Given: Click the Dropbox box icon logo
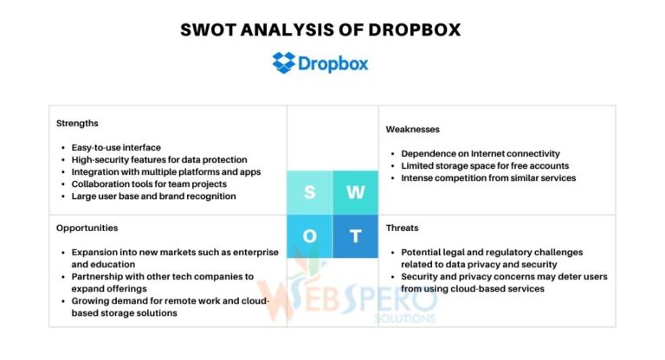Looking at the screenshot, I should coord(284,62).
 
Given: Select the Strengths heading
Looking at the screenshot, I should coord(77,123).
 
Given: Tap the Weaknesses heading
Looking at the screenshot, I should coord(414,129).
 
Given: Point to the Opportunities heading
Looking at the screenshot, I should coord(87,228).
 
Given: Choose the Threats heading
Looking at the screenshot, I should coord(402,228).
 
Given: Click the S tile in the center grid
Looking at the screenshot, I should coord(309,193).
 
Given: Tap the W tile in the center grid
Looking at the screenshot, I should coord(355,193).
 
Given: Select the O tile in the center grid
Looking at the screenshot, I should coord(309,236).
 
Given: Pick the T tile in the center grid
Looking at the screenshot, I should coord(355,236).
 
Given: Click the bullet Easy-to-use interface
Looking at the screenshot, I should coord(116,148).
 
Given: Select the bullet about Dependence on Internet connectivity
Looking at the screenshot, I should coord(481,154).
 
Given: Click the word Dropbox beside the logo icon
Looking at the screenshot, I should coord(333,63).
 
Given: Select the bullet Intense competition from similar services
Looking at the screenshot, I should coord(488,178).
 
